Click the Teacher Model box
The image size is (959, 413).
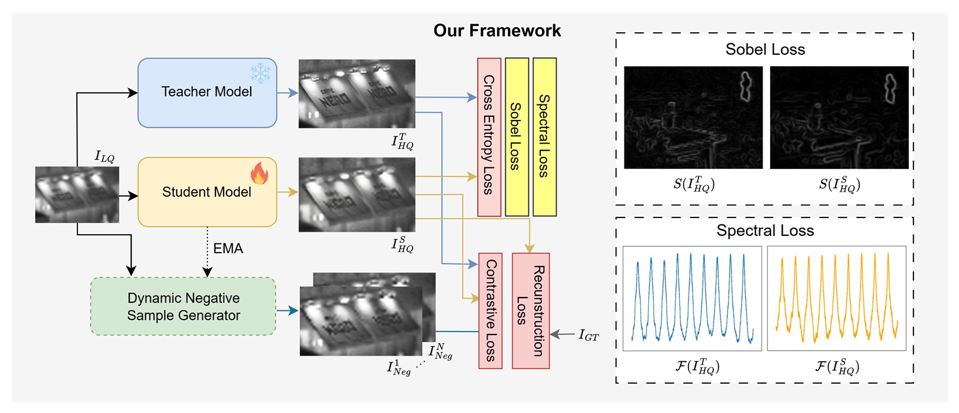[x=206, y=93]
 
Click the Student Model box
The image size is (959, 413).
[x=206, y=192]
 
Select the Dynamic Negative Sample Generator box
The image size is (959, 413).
[x=183, y=307]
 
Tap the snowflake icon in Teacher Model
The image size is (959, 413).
[x=260, y=73]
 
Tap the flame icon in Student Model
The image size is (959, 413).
[x=259, y=173]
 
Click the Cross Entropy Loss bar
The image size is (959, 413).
[x=489, y=137]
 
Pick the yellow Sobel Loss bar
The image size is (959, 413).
[x=516, y=137]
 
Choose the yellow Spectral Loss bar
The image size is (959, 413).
[x=544, y=137]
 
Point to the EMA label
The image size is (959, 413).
[x=228, y=249]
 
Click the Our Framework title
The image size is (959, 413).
[x=497, y=31]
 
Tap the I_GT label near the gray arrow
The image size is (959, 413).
[x=589, y=335]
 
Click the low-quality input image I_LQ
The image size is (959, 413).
[x=77, y=194]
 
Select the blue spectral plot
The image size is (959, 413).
[x=692, y=298]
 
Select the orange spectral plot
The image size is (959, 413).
[x=836, y=298]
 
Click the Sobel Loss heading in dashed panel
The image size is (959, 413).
[x=765, y=50]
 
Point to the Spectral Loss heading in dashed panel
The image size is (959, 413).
[x=765, y=231]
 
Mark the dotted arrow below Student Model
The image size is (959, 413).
[x=207, y=251]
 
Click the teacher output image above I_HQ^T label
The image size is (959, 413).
[x=356, y=93]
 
